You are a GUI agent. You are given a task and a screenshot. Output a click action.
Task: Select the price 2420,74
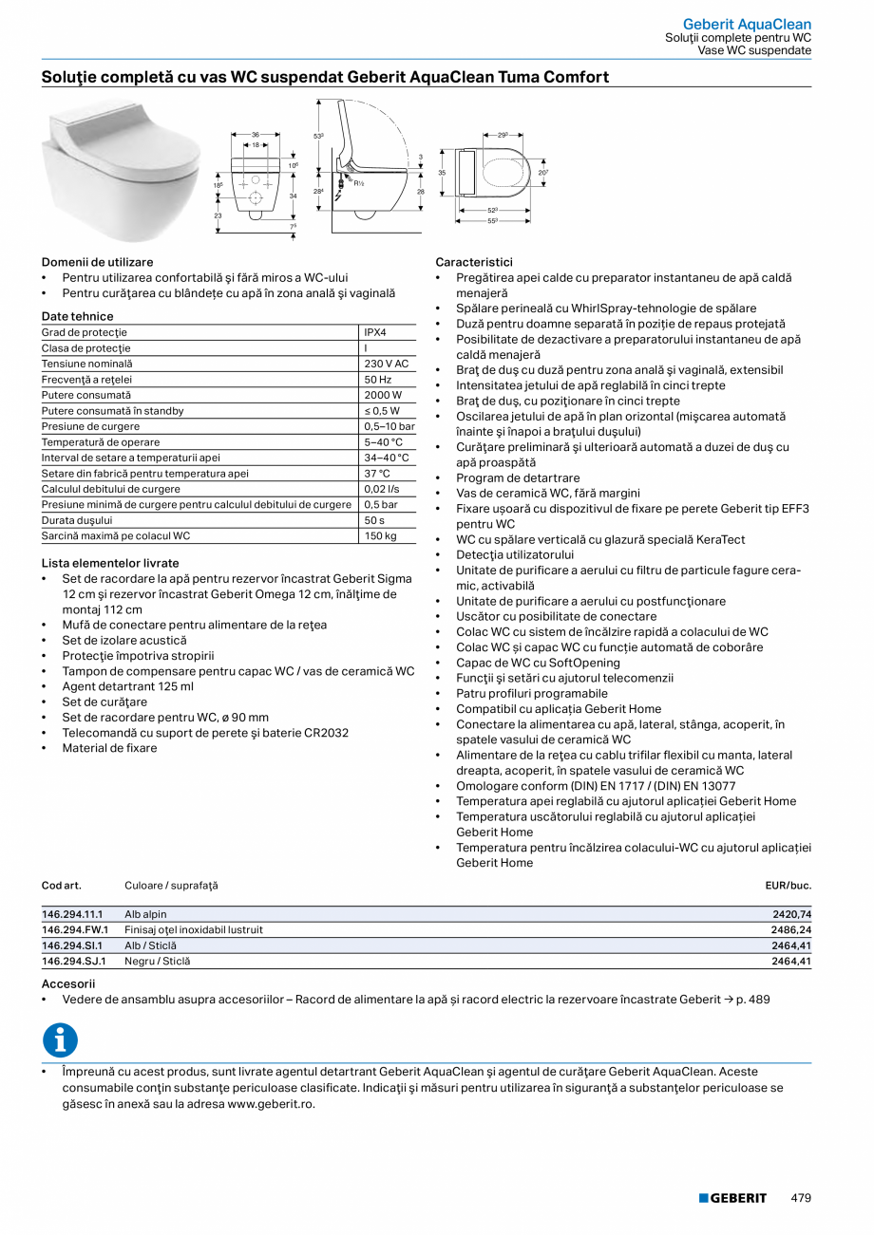point(791,914)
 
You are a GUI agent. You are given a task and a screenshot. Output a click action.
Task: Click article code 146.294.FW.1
point(75,929)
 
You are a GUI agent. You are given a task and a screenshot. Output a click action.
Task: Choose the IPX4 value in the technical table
point(375,332)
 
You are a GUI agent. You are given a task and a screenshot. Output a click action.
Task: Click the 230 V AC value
point(386,364)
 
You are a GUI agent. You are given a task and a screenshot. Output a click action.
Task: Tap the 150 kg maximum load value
point(380,535)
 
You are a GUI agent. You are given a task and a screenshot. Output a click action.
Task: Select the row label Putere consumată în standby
point(113,410)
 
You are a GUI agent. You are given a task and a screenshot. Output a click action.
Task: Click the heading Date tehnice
point(77,316)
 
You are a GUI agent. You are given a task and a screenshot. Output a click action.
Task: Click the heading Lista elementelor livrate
point(110,563)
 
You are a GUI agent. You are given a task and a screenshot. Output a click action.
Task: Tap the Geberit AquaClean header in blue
point(747,24)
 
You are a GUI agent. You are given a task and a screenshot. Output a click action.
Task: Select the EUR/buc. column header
point(788,886)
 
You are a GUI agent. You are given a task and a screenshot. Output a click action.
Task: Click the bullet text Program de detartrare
point(518,477)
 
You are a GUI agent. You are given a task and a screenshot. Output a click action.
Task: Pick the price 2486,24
point(791,929)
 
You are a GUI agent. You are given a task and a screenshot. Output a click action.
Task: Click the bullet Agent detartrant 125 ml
point(127,686)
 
